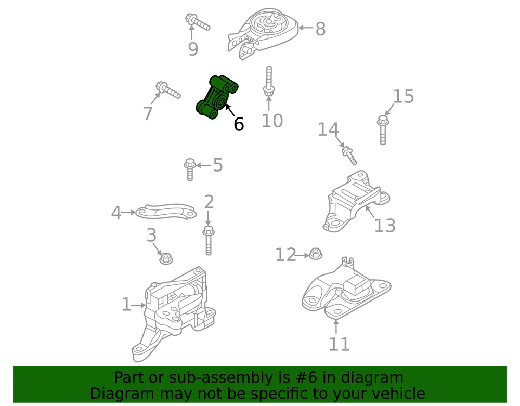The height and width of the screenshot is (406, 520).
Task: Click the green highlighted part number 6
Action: coord(217,97)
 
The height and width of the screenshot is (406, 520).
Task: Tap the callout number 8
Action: coord(320,29)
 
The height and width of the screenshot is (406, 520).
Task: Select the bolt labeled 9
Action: coord(197,22)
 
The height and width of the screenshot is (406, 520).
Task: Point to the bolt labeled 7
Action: coord(168,90)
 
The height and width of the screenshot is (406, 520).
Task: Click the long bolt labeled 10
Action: coord(269,81)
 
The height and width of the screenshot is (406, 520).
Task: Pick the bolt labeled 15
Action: coord(383,130)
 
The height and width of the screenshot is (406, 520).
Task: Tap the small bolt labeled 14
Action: coord(349,155)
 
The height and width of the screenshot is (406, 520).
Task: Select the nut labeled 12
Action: coord(316,254)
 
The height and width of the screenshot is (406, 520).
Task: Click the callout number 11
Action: coord(339,344)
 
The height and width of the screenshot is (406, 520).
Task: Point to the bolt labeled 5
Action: coord(190,169)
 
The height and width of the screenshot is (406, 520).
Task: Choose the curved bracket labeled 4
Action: coord(166,212)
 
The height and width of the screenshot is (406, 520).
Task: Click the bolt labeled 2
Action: coord(209,240)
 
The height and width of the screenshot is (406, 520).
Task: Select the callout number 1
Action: coord(126,305)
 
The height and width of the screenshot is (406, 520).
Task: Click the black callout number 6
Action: coord(239,124)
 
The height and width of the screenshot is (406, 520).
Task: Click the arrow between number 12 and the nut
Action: coord(302,256)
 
